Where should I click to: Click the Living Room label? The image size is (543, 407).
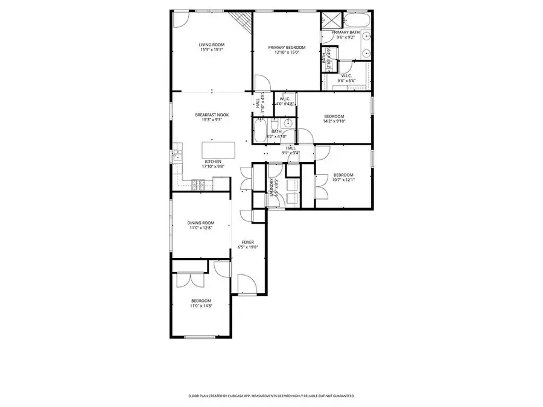click(212, 45)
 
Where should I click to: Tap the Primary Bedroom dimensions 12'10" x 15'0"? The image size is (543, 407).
click(287, 52)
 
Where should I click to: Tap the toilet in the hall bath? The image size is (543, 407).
click(289, 124)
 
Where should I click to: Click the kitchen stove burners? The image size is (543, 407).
click(196, 184)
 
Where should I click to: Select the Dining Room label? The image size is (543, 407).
click(200, 223)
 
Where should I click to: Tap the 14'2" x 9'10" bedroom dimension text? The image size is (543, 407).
click(334, 121)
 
